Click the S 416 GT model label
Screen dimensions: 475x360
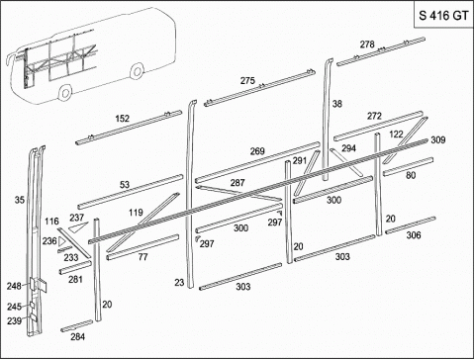click(443, 16)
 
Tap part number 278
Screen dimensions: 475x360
click(367, 45)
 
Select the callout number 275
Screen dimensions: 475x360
click(247, 80)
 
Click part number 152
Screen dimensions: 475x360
click(122, 119)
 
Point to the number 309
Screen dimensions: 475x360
click(438, 139)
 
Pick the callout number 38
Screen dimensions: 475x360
click(337, 104)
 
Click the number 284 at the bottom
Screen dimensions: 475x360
click(77, 336)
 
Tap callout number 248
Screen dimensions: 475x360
click(14, 286)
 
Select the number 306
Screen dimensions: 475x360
click(414, 235)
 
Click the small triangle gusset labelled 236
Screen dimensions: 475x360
click(61, 242)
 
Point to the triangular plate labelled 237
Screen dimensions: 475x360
click(77, 227)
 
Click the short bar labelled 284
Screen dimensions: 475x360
click(77, 325)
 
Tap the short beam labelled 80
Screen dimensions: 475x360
click(408, 166)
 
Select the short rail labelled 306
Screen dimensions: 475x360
click(411, 225)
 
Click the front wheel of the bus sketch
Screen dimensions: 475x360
click(65, 93)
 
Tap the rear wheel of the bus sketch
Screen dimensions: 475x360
click(137, 70)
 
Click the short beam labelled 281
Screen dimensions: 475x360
click(75, 267)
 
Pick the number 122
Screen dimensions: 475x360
click(396, 134)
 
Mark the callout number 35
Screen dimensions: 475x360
click(20, 200)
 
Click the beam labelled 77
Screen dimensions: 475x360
click(142, 247)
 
